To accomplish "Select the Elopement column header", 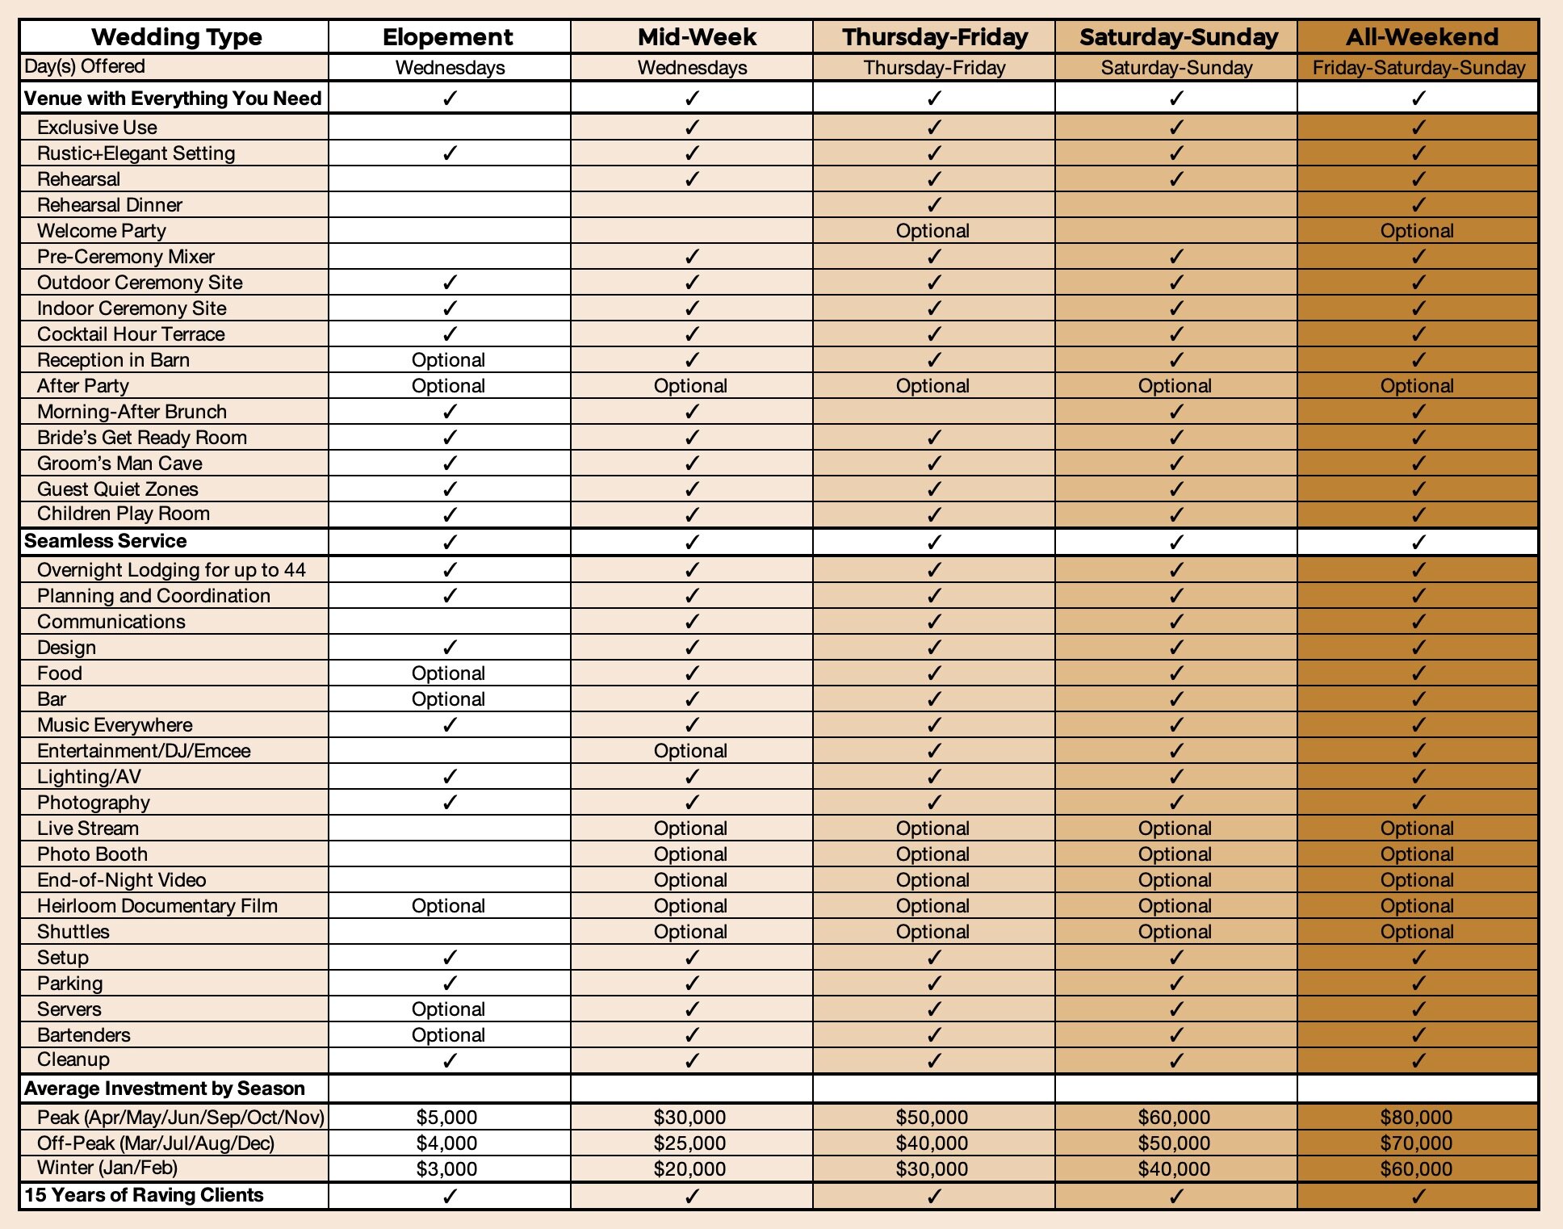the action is point(448,37).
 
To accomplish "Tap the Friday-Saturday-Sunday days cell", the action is point(1418,68).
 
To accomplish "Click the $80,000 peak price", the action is point(1416,1118).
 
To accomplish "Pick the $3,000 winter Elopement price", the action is point(446,1168).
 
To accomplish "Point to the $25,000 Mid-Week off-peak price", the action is point(689,1143).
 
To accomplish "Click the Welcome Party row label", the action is point(102,231).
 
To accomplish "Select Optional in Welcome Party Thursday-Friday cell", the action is point(932,231).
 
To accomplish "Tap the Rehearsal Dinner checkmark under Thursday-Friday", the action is point(934,205).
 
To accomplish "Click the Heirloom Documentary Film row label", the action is point(157,906).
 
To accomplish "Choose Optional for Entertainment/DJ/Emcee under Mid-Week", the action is point(690,751).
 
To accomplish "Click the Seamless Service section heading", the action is point(106,541).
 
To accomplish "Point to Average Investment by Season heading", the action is point(165,1088).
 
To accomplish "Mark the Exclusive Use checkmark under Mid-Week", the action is point(692,128).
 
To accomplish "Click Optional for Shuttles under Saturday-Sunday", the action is point(1175,932).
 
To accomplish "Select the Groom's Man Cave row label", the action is point(119,463).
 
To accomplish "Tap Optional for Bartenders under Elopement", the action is point(448,1035).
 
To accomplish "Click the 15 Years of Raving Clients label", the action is point(144,1195).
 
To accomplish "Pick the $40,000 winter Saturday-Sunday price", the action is point(1174,1168).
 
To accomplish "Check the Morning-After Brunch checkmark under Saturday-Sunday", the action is point(1176,412).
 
